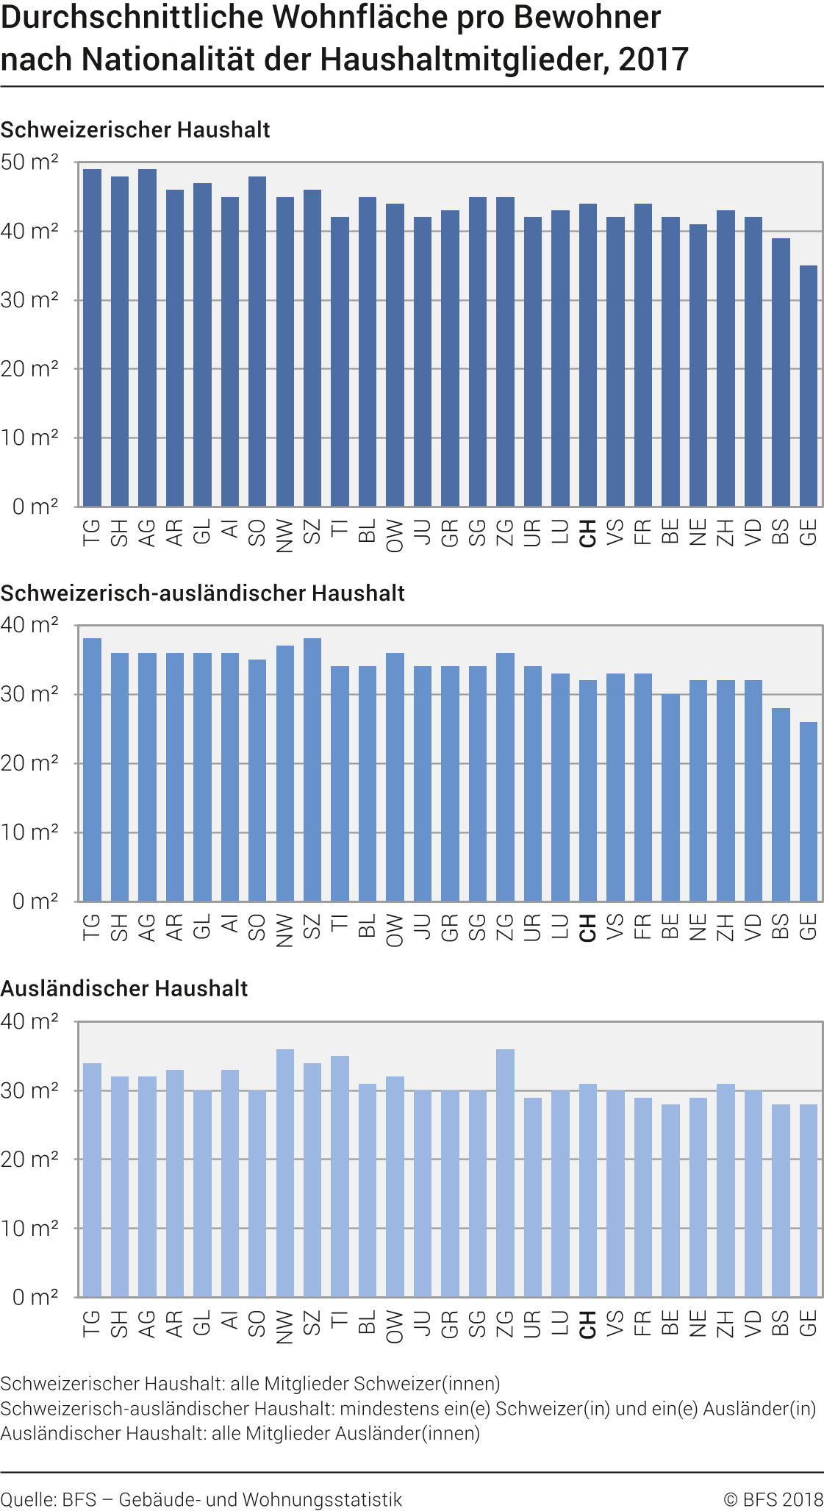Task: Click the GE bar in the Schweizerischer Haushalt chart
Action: tap(808, 386)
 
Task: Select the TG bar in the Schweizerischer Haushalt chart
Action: tap(92, 338)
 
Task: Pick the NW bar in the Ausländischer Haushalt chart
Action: tap(284, 1173)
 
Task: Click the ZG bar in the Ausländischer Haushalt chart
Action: tap(505, 1173)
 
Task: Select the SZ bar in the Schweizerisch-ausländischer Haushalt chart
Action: tap(312, 770)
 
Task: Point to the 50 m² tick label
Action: tap(29, 162)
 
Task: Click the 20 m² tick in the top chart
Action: tap(29, 369)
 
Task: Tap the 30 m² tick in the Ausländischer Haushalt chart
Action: tap(29, 1090)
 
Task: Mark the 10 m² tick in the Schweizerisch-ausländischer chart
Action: tap(29, 832)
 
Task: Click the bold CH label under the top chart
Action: tap(588, 533)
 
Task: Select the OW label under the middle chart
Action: tap(395, 930)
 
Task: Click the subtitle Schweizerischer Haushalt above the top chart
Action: tap(135, 130)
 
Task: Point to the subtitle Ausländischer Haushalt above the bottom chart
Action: tap(124, 989)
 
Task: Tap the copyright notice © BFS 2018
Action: tap(773, 1499)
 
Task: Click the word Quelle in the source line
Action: tap(26, 1499)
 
